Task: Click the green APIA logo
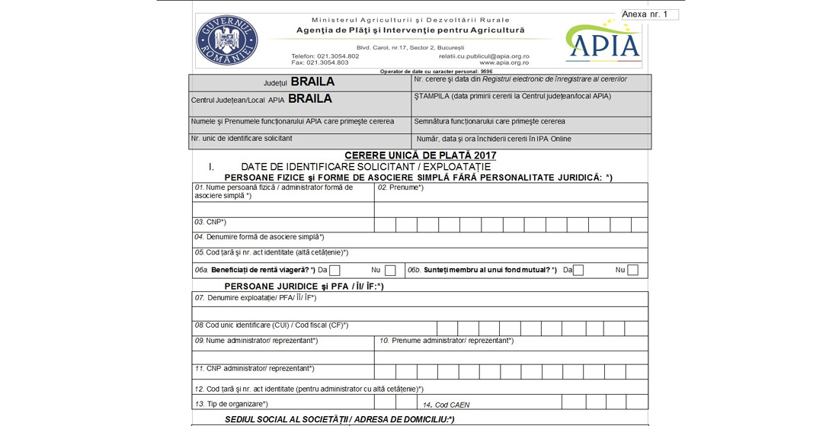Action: (x=603, y=41)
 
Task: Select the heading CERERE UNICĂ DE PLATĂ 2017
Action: (x=420, y=155)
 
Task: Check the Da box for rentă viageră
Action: (x=334, y=270)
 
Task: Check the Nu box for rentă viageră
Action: (x=390, y=270)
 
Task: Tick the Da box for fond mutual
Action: (x=578, y=270)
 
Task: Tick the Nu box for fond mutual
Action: (x=632, y=270)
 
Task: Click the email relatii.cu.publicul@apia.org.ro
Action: (x=484, y=56)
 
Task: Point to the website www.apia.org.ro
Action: (x=504, y=62)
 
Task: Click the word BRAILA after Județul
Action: (x=312, y=82)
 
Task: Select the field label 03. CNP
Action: (x=211, y=222)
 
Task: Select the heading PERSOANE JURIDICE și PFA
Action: (x=304, y=286)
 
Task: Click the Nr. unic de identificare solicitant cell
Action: (x=242, y=138)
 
